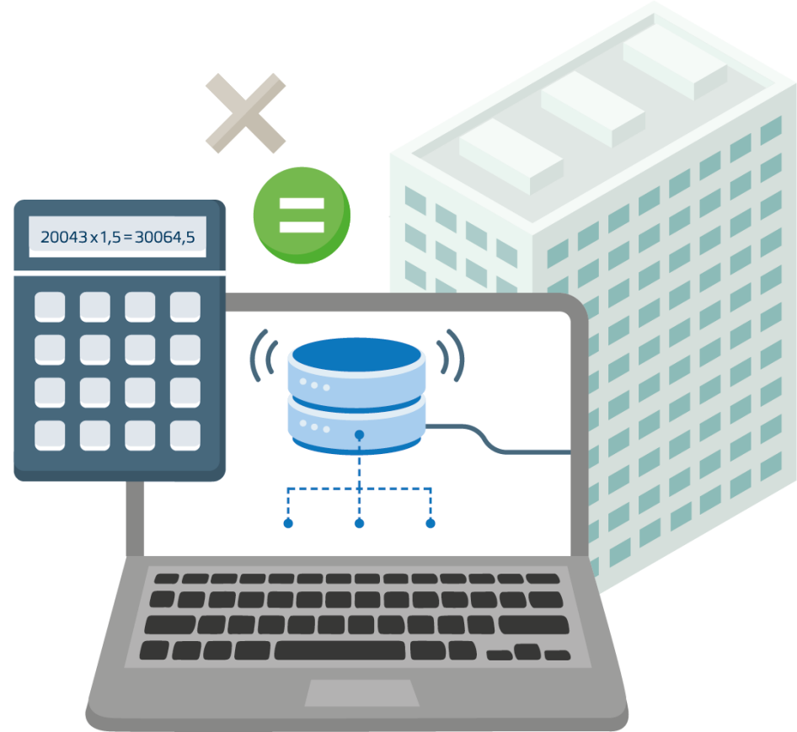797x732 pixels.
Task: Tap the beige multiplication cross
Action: coord(245,113)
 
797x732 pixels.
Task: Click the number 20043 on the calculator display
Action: coord(64,238)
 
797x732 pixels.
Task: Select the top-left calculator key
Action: coord(50,307)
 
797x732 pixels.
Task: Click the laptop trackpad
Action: coord(361,692)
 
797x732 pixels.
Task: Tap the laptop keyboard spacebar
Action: coord(340,650)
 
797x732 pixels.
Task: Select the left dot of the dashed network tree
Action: coord(288,524)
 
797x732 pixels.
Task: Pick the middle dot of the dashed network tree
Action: coord(359,524)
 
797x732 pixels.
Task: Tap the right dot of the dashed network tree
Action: coord(431,524)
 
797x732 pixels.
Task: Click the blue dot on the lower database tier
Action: coord(359,435)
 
